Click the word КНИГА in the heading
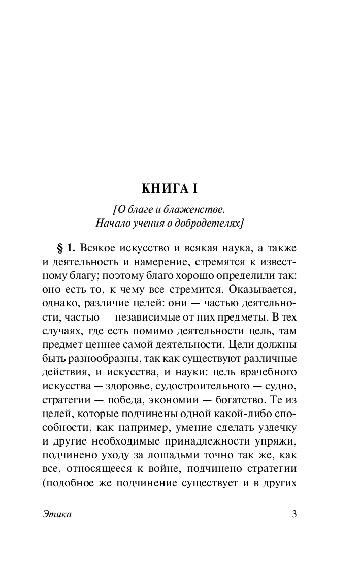point(163,188)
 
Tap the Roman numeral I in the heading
point(193,188)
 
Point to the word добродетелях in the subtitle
point(212,223)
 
